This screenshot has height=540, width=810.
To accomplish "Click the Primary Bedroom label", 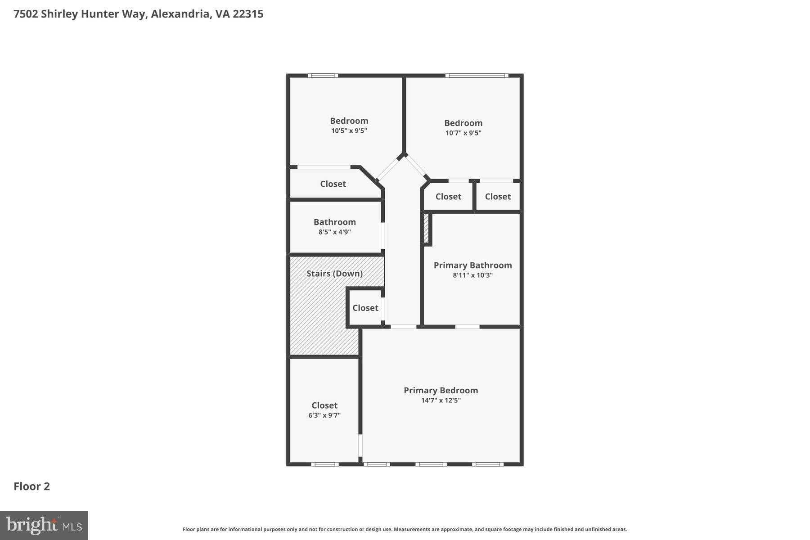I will point(441,390).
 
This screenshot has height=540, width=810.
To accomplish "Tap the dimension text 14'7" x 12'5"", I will point(441,400).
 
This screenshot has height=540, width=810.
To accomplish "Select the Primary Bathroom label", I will point(472,265).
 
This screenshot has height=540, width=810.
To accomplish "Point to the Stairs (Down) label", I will point(334,273).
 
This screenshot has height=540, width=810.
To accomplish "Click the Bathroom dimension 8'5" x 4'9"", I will point(334,232).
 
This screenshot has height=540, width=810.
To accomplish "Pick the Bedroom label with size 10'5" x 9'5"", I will point(349,121).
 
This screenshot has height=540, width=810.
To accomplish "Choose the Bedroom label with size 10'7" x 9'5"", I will point(463,123).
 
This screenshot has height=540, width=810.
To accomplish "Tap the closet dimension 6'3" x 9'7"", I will point(324,415).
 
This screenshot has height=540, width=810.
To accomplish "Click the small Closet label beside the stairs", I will point(365,308).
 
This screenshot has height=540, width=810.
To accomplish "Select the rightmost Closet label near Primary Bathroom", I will point(498,196).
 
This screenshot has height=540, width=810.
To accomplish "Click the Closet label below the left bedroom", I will point(333,184).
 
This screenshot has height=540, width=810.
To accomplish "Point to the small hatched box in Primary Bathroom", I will point(426,229).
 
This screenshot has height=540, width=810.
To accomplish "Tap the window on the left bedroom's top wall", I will point(323,76).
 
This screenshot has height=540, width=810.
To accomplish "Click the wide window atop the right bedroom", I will point(477,76).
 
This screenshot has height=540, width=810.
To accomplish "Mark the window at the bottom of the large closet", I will point(324,464).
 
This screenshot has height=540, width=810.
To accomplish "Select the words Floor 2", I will point(31,486).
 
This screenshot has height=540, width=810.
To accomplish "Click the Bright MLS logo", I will point(44,525).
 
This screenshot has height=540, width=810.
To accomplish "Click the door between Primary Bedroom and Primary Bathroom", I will point(467,327).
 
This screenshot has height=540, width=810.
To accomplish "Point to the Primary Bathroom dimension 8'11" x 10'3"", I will point(472,275).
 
